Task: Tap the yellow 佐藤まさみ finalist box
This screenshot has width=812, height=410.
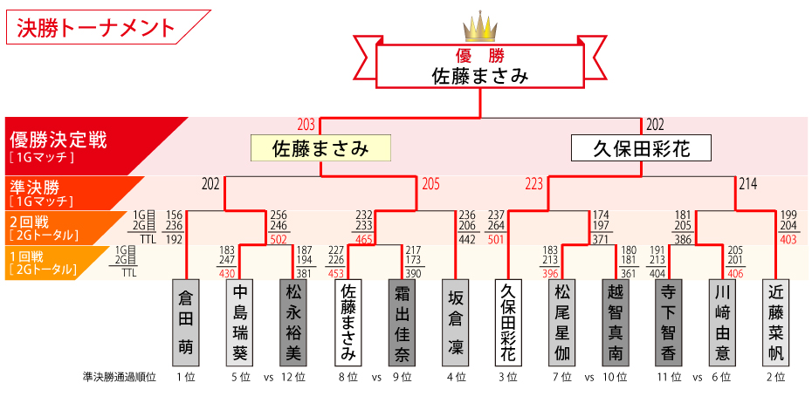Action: [320, 148]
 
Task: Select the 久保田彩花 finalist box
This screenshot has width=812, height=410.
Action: [641, 148]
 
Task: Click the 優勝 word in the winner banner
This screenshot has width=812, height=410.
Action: [480, 54]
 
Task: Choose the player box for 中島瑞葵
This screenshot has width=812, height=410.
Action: [240, 322]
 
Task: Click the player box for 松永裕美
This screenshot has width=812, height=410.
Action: [292, 322]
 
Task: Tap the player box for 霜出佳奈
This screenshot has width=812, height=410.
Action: [403, 322]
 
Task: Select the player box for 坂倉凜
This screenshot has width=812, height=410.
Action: [455, 322]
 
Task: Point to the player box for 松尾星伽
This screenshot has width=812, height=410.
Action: [561, 322]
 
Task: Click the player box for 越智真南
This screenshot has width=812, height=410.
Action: [615, 322]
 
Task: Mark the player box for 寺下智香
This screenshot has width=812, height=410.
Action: [668, 322]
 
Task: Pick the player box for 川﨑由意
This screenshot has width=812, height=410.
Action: [722, 322]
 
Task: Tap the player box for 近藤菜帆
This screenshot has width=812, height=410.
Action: [775, 322]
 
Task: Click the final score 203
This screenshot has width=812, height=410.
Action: [306, 125]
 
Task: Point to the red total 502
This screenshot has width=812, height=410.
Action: [279, 238]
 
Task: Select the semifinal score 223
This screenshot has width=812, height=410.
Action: [533, 184]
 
